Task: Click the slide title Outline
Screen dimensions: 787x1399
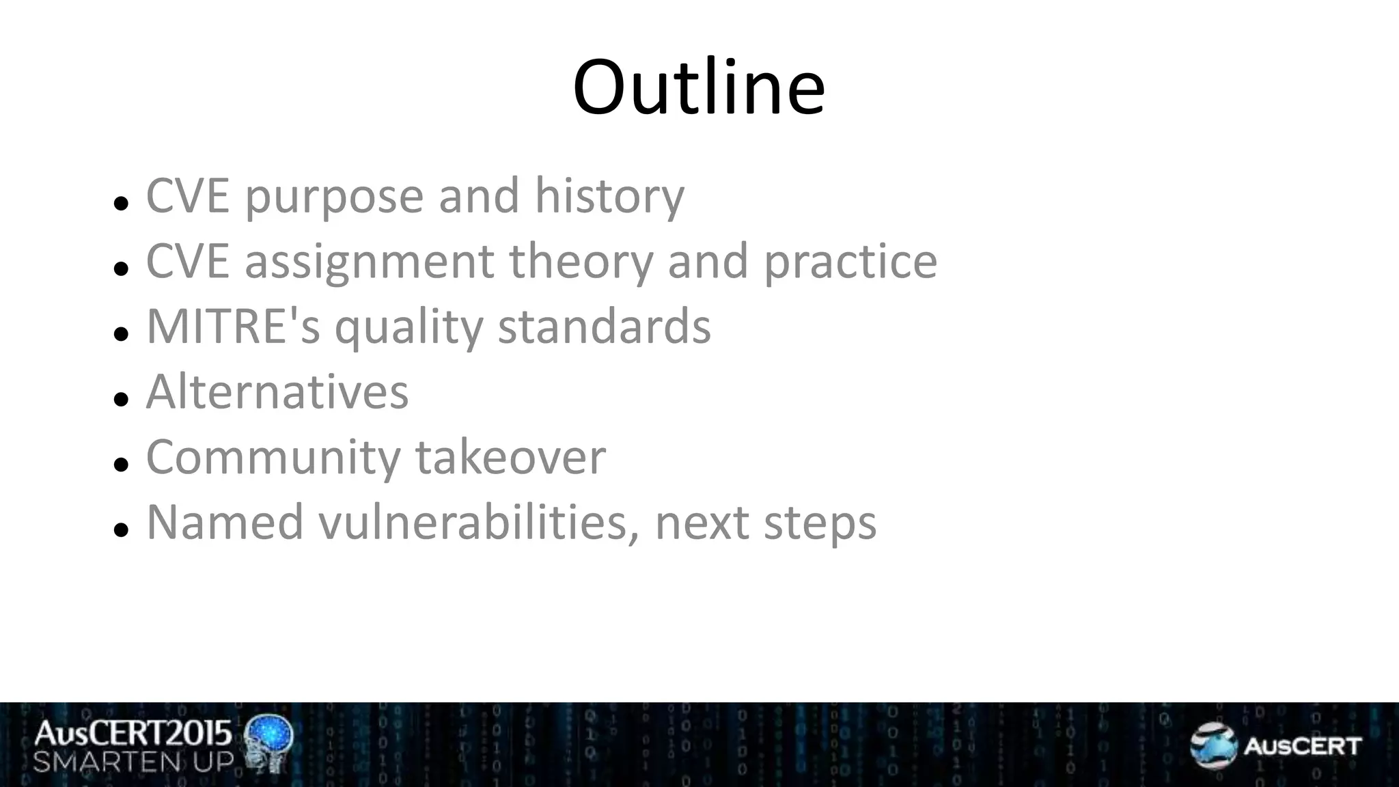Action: point(699,88)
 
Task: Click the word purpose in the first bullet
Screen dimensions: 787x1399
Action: point(334,197)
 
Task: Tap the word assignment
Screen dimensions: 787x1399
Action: point(369,263)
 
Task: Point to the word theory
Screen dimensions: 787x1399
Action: point(581,263)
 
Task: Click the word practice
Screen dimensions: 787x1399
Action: point(850,263)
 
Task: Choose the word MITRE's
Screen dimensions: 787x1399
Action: point(233,327)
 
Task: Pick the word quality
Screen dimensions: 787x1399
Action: point(408,328)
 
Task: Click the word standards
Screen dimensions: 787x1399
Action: point(604,327)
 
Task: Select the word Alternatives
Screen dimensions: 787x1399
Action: point(277,392)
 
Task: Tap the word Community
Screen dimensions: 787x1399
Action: point(273,458)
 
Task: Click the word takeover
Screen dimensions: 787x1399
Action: point(510,457)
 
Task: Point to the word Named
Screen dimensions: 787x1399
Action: point(225,523)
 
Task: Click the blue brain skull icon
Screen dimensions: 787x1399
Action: point(269,743)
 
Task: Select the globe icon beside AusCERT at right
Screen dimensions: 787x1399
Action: point(1213,745)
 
